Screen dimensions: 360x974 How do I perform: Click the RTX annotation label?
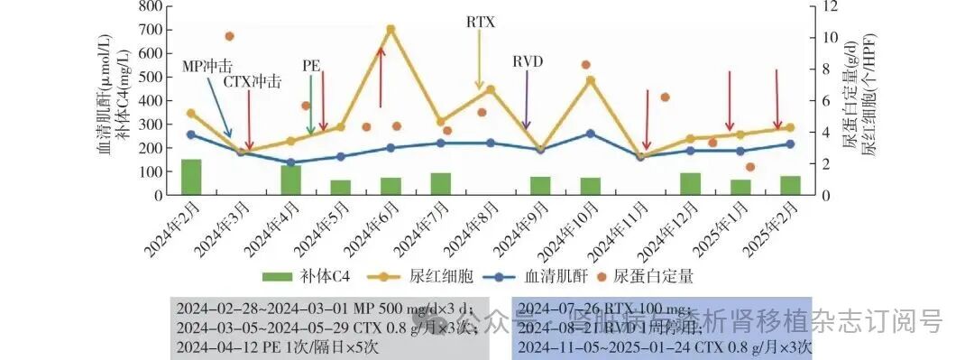pyautogui.click(x=481, y=22)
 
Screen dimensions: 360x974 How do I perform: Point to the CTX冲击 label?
pyautogui.click(x=253, y=81)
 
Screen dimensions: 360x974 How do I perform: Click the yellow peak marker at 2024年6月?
pyautogui.click(x=391, y=30)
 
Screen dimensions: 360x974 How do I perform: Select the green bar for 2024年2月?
pyautogui.click(x=191, y=177)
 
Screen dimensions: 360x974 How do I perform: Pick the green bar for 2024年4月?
pyautogui.click(x=290, y=180)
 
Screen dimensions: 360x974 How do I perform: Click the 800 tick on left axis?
pyautogui.click(x=151, y=6)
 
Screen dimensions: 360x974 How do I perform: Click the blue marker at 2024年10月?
pyautogui.click(x=591, y=134)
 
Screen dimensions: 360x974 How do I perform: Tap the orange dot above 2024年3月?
pyautogui.click(x=229, y=36)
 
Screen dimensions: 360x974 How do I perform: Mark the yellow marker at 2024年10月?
pyautogui.click(x=591, y=80)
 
